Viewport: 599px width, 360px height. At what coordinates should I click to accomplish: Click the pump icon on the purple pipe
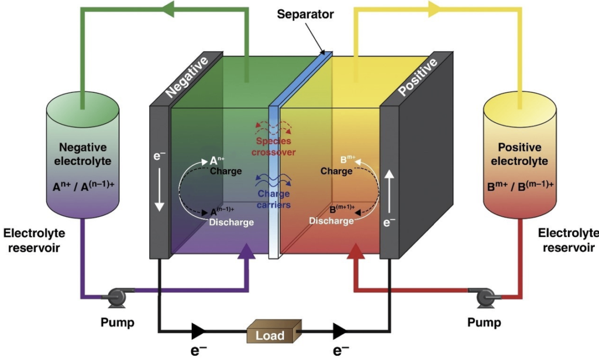[x=114, y=298]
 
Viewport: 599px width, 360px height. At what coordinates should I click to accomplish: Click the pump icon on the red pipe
[x=486, y=298]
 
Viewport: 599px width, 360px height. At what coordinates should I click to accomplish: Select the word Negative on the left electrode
[x=186, y=77]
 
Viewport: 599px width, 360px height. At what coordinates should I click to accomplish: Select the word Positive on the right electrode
[x=417, y=77]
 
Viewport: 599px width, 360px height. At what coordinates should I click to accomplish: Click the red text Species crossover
[x=274, y=146]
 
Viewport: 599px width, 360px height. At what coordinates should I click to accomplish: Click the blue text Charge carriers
[x=274, y=200]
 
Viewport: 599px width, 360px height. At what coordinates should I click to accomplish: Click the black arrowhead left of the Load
[x=198, y=331]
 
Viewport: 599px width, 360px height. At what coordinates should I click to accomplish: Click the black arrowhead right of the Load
[x=341, y=331]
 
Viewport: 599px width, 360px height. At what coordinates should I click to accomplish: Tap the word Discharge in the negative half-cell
[x=231, y=222]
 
